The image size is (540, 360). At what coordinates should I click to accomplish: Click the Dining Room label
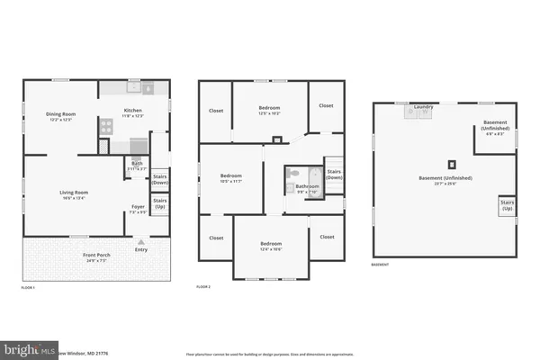click(x=59, y=114)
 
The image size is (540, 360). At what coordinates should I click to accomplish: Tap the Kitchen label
click(x=133, y=112)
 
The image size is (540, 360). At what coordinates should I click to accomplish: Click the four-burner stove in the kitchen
click(x=104, y=128)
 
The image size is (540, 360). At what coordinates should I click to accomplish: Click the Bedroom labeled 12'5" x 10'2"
click(x=269, y=109)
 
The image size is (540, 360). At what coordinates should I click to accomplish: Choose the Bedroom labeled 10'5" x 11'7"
click(x=231, y=178)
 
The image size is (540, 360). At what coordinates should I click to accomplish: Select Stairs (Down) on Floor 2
click(x=334, y=174)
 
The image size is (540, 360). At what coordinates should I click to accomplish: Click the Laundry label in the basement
click(x=424, y=107)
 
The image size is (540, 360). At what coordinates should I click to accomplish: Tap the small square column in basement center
click(x=452, y=164)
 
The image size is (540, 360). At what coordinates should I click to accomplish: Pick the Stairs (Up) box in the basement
click(x=508, y=206)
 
